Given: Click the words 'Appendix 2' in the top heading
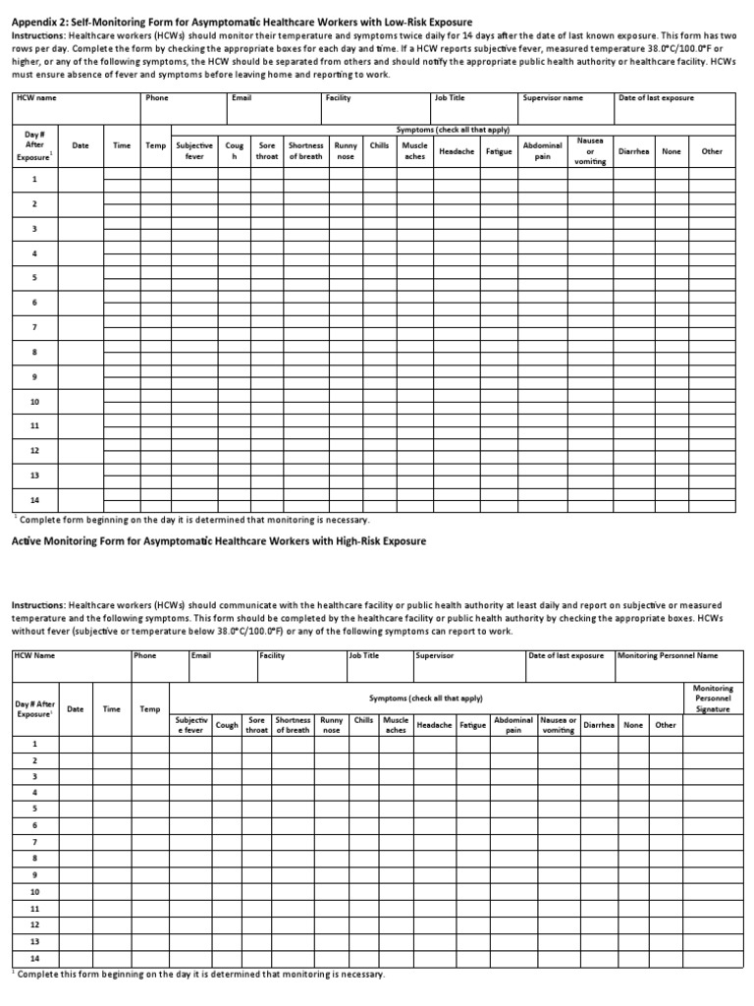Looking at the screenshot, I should point(40,21).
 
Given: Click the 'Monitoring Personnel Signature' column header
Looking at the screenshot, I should point(713,699).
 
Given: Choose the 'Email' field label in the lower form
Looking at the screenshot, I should point(201,655).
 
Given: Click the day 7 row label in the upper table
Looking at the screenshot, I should point(34,327).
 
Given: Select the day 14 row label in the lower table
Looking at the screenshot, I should point(34,958).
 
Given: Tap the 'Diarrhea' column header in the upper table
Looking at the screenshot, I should point(634,151).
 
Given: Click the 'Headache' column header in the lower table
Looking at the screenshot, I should point(434,725).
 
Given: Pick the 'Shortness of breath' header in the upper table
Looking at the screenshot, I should point(305,151).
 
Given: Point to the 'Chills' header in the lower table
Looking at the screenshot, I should point(363,720).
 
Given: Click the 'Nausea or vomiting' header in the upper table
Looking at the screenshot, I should point(589,151).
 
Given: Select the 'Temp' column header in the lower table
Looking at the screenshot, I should point(149,708).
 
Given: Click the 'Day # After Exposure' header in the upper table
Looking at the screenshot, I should point(35,145).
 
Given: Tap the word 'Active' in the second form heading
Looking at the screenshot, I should point(28,541).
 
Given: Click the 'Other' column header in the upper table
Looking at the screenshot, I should point(712,151).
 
